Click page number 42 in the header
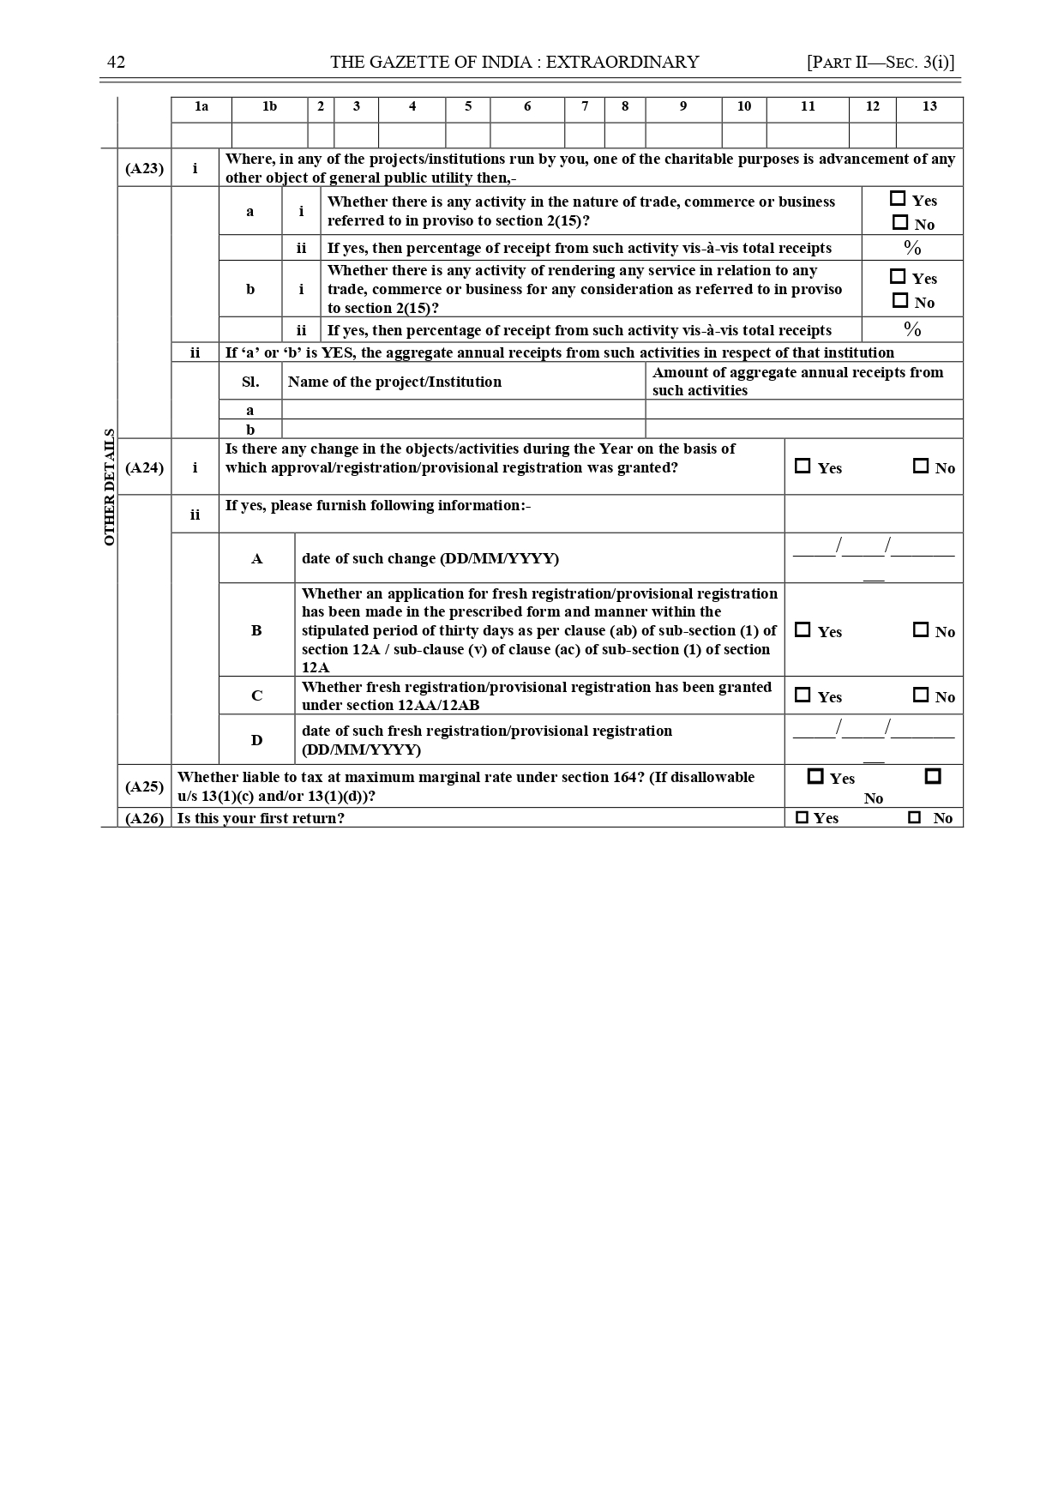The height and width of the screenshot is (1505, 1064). [116, 62]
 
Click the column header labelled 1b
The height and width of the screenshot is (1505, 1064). [269, 106]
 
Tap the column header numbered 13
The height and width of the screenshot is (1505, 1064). [929, 106]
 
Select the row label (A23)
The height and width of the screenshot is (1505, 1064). [144, 168]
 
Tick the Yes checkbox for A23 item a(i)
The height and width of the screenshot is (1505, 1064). [898, 199]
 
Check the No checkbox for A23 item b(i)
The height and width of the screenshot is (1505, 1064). [900, 301]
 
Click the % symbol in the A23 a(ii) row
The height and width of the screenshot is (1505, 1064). [912, 248]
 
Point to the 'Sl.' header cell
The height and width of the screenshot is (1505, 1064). [250, 382]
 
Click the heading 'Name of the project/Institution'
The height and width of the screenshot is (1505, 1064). [394, 382]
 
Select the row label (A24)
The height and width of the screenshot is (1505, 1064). [144, 467]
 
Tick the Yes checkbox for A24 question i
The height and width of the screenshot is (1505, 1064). [803, 467]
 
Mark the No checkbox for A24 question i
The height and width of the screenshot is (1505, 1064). [921, 467]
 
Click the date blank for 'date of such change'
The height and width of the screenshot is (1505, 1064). [873, 550]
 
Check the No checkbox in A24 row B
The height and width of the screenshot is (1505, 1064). [921, 630]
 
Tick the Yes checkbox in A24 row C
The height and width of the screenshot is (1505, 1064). [803, 695]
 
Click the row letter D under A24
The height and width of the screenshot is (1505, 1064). [256, 740]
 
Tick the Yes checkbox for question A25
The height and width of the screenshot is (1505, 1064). [815, 777]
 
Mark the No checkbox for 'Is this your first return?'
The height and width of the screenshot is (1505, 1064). [915, 818]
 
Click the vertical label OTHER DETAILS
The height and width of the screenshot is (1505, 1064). [109, 487]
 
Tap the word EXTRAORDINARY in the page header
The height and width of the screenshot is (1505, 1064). [622, 62]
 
